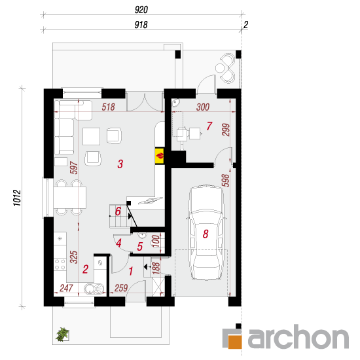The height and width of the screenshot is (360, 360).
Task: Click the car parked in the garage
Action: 206,232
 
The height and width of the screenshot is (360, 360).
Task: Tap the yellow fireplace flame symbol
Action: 160,156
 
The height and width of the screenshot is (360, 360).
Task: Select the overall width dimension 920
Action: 141,10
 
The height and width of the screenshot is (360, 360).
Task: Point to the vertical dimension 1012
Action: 17,198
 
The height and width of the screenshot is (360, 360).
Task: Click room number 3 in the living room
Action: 120,164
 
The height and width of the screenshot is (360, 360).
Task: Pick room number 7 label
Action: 209,126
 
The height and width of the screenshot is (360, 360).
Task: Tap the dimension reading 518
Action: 109,107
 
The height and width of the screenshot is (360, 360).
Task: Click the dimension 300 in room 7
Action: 203,107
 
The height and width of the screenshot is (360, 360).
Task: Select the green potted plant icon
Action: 62,334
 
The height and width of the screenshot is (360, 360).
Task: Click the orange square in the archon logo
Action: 235,342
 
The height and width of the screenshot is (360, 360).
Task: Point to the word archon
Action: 298,336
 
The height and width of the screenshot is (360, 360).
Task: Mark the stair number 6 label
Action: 118,211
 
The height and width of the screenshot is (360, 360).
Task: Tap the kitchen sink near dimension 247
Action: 94,289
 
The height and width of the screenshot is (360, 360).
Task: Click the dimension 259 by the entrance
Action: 121,288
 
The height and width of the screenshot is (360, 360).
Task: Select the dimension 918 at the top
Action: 141,25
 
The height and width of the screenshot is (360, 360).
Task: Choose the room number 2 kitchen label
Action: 85,269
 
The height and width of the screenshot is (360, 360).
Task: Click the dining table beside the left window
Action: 70,198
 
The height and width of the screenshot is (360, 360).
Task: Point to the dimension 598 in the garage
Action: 226,181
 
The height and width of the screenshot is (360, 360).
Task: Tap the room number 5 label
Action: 140,247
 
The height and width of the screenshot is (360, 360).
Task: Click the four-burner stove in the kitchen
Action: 60,264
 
